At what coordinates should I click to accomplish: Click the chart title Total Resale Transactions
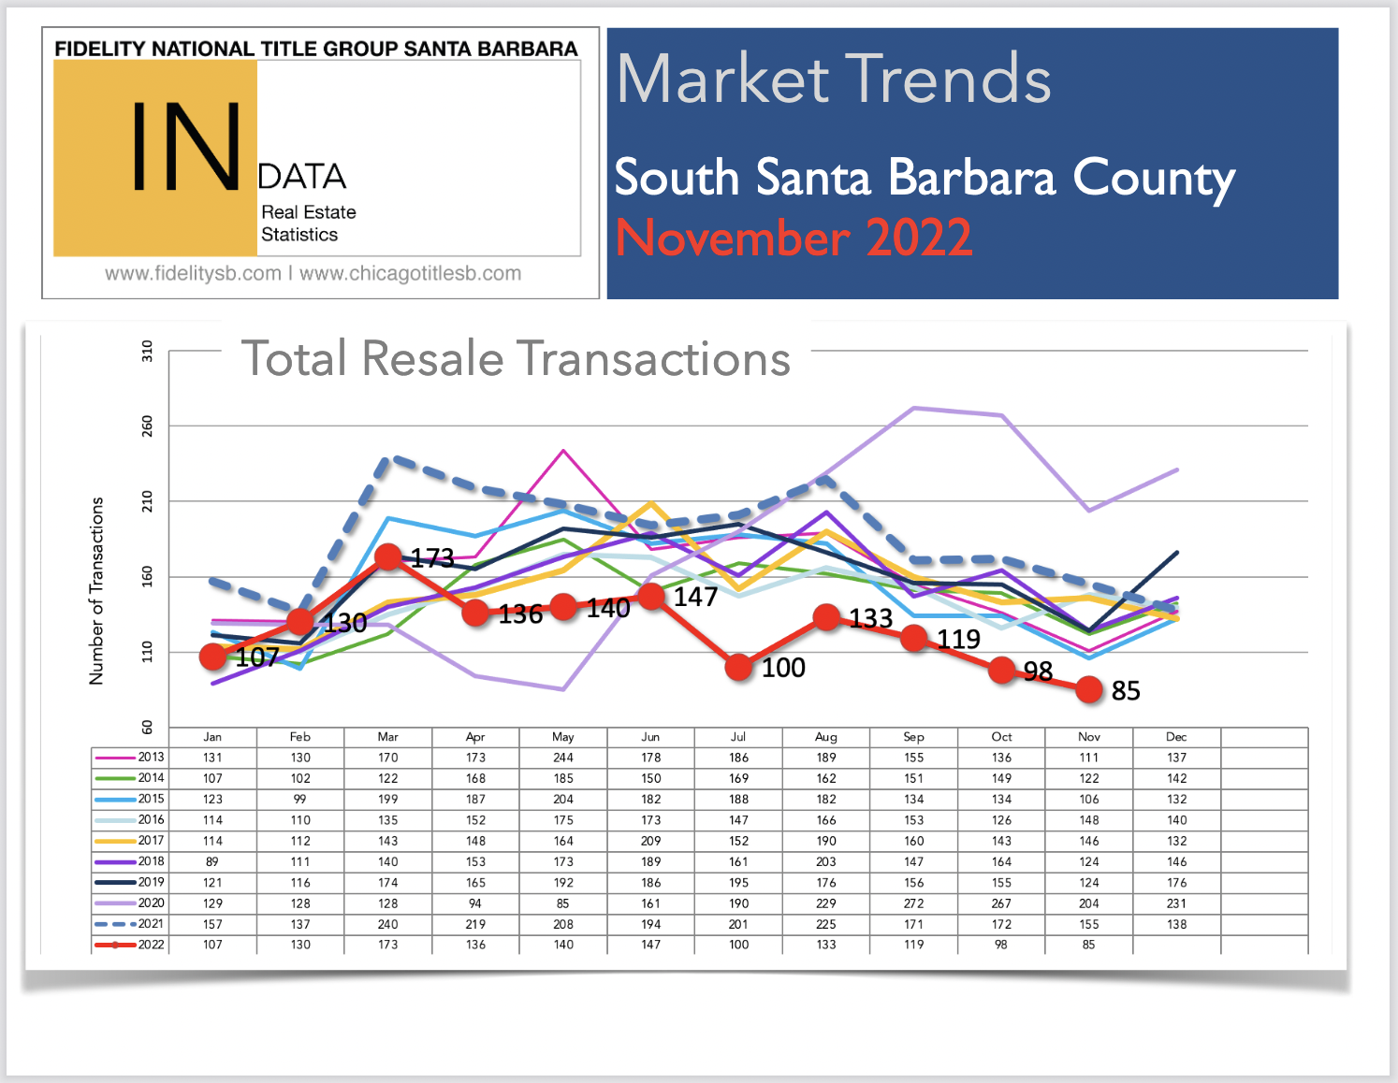[x=516, y=358]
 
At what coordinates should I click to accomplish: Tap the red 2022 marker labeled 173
[x=388, y=556]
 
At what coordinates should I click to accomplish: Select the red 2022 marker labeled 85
[x=1089, y=689]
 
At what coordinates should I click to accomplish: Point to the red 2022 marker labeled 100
[x=738, y=667]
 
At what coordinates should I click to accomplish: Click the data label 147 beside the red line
[x=695, y=597]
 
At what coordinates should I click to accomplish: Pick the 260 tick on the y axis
[x=147, y=426]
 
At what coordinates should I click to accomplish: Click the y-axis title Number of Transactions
[x=96, y=591]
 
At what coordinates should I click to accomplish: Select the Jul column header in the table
[x=738, y=737]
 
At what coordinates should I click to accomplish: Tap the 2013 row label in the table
[x=152, y=758]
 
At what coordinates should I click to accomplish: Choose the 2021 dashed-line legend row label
[x=152, y=924]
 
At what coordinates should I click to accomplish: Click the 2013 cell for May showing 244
[x=563, y=758]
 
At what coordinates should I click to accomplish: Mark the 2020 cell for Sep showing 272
[x=913, y=903]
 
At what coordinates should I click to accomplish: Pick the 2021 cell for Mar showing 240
[x=388, y=924]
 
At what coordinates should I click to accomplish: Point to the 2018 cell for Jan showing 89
[x=212, y=862]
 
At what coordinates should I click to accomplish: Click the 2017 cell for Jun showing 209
[x=651, y=841]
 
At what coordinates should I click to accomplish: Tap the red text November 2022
[x=794, y=238]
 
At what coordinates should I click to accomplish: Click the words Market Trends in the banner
[x=834, y=79]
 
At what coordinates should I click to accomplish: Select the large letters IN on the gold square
[x=186, y=147]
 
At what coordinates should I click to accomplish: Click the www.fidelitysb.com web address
[x=193, y=273]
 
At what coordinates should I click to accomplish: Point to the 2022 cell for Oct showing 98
[x=1001, y=945]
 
